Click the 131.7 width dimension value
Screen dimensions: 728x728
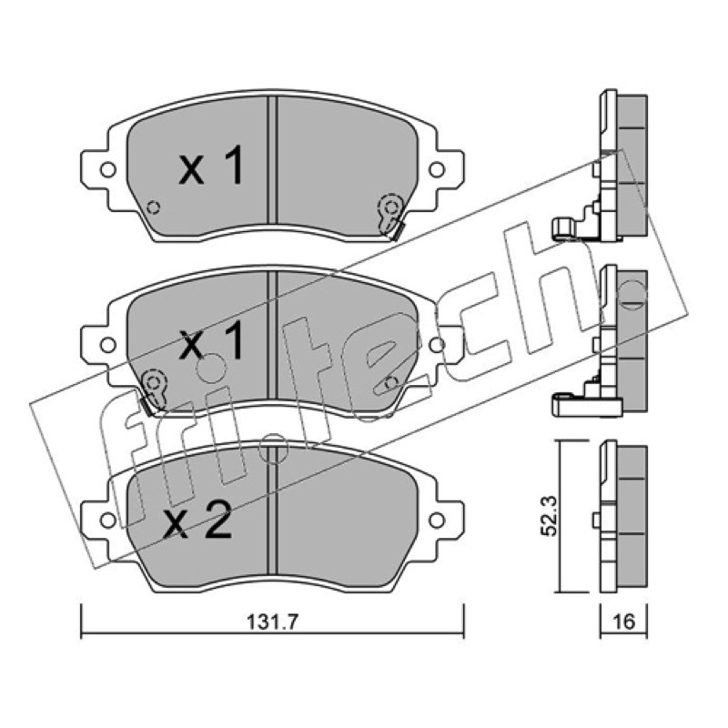[x=271, y=622]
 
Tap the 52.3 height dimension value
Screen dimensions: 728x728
[x=551, y=515]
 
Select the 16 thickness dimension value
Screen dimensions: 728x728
[x=623, y=622]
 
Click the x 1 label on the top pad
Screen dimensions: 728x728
[x=211, y=165]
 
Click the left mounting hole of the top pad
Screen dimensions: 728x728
[x=108, y=169]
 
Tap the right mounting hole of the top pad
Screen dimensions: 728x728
[x=437, y=169]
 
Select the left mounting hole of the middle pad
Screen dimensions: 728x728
[x=108, y=345]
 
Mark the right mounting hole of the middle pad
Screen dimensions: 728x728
[x=437, y=345]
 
